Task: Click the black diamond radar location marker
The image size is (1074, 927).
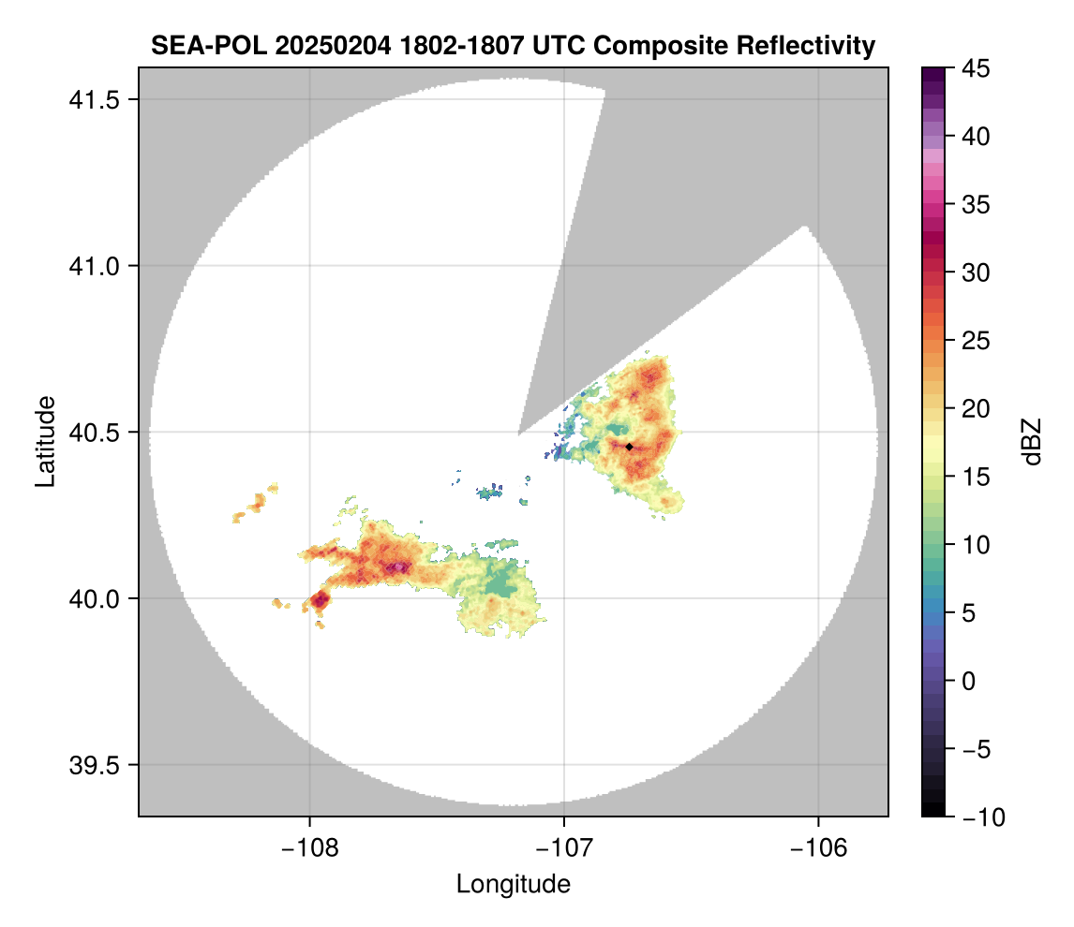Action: pyautogui.click(x=630, y=447)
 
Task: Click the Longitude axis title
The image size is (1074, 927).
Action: pyautogui.click(x=514, y=883)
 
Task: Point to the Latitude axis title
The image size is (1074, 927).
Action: pyautogui.click(x=45, y=441)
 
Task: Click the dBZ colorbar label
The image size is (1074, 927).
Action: pyautogui.click(x=1032, y=442)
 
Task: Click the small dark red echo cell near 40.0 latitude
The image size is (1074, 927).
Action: pyautogui.click(x=321, y=598)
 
